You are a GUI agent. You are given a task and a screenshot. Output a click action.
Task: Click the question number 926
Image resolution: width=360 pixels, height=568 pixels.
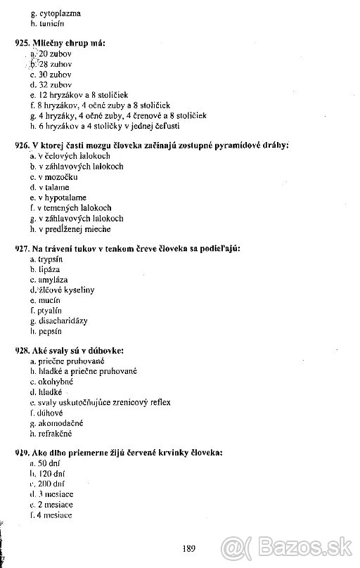(x=22, y=146)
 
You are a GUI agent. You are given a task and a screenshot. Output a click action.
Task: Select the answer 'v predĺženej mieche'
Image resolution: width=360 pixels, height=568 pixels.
(x=75, y=228)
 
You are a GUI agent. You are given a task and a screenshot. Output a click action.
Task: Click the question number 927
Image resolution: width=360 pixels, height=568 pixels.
(x=22, y=249)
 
